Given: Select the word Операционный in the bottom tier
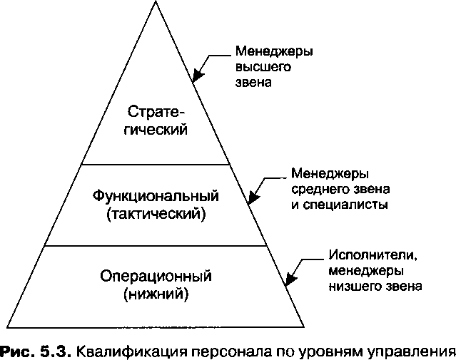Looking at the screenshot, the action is click(156, 275).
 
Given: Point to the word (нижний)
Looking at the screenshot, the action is click(156, 292).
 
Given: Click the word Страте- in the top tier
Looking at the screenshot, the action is click(156, 112).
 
